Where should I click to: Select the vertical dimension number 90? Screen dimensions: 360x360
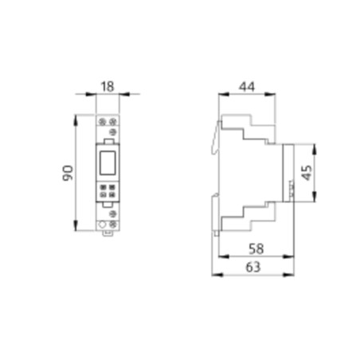click(68, 172)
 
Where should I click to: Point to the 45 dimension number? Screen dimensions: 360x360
click(306, 172)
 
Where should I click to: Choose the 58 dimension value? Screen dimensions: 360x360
click(255, 249)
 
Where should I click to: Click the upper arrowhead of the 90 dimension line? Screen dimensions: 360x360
click(77, 116)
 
